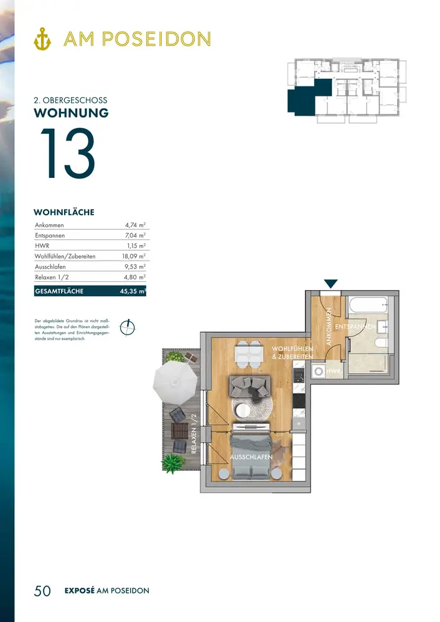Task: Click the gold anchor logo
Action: (x=42, y=39)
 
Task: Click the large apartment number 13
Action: (x=67, y=153)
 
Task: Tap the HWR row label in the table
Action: (x=42, y=246)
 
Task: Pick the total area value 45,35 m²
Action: (x=133, y=291)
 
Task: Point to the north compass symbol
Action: (x=128, y=328)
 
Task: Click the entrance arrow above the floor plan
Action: (x=330, y=284)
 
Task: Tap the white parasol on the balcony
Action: (x=175, y=382)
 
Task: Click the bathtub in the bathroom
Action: (x=368, y=305)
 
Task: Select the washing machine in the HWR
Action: (x=318, y=372)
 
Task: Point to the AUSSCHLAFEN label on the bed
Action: (x=251, y=457)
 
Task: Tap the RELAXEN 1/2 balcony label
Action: (x=194, y=434)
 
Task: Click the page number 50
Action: (x=42, y=591)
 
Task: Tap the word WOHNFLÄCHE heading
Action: (x=64, y=212)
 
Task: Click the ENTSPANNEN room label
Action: (x=355, y=327)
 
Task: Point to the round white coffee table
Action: (x=243, y=411)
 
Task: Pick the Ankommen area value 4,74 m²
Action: (x=135, y=225)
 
